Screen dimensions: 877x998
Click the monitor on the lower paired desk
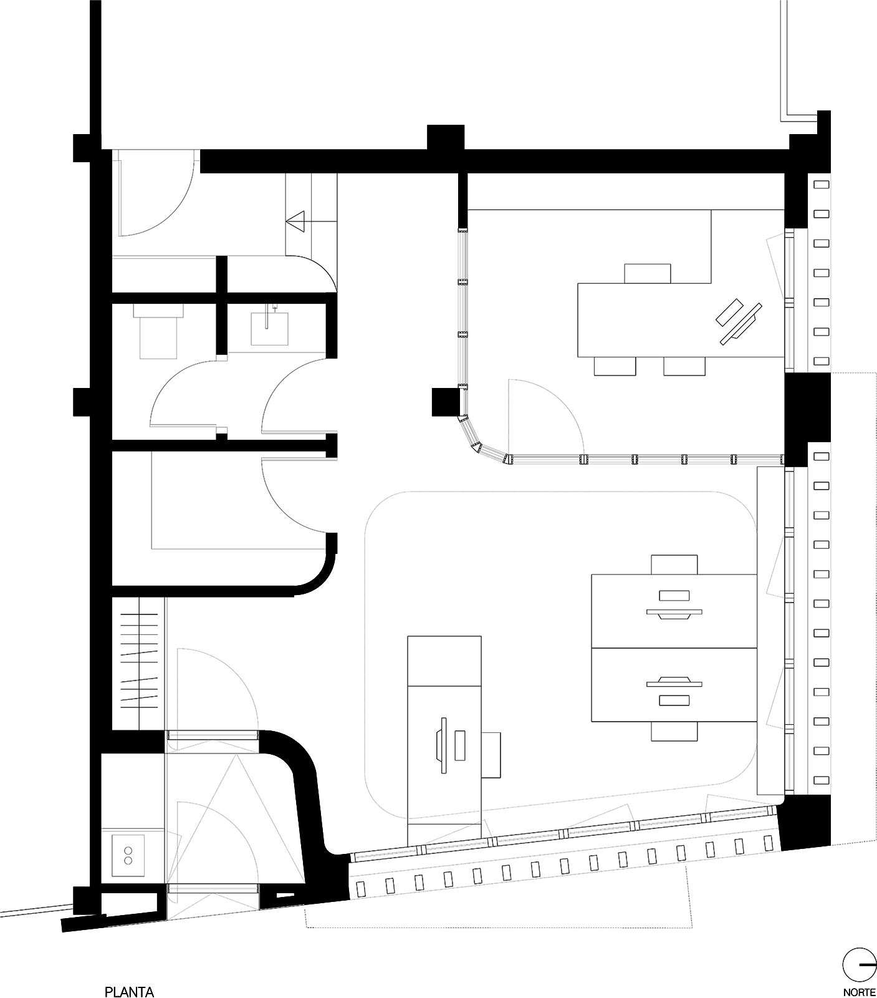(x=674, y=690)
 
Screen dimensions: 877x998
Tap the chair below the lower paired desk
(x=674, y=731)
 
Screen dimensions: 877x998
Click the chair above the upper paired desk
(x=674, y=564)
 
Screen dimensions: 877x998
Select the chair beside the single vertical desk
(x=492, y=755)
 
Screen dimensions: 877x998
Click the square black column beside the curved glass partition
(x=446, y=402)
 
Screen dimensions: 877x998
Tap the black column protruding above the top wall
(x=445, y=137)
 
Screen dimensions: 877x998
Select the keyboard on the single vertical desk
(x=461, y=745)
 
